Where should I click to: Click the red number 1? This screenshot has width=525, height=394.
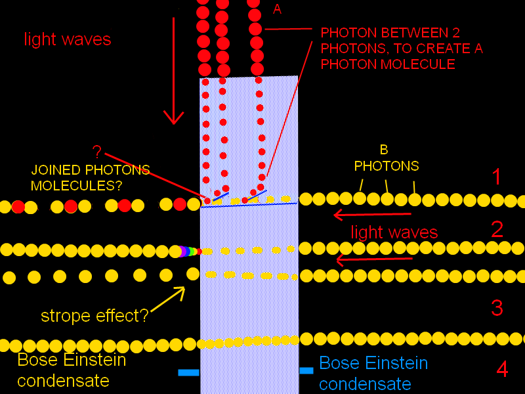point(497,177)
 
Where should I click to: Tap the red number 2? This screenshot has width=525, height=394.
point(497,229)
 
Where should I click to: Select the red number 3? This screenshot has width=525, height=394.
point(497,307)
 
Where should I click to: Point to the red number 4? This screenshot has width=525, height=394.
point(502,369)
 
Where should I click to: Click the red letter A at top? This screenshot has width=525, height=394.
point(277,9)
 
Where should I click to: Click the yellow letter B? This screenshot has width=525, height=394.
point(384,150)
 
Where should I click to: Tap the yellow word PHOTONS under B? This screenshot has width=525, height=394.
point(387,166)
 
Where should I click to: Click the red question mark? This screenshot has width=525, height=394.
point(97,152)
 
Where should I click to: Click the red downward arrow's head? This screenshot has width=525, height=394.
point(174,119)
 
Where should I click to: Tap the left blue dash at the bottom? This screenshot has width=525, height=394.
point(188,372)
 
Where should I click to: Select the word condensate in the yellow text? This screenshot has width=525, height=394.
point(63,381)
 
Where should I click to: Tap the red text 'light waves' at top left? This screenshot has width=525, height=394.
point(68,39)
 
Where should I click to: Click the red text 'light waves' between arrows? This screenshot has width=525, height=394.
point(394,232)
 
